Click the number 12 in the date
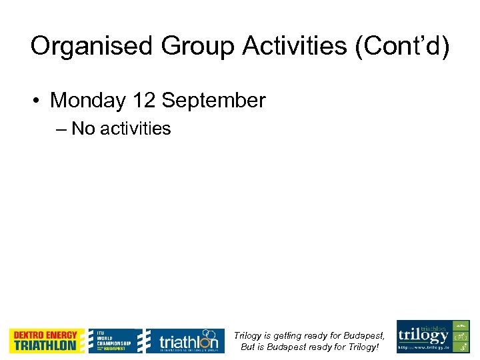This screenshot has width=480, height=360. coord(144,101)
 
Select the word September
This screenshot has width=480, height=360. coord(213,101)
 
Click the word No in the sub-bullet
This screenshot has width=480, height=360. coord(83,129)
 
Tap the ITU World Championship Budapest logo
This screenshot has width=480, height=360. coord(115,341)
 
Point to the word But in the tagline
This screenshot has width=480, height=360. coord(248,347)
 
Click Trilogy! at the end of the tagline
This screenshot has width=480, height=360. coord(363,347)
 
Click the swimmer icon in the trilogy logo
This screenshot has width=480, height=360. coord(460,326)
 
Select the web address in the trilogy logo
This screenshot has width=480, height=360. coord(423,347)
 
